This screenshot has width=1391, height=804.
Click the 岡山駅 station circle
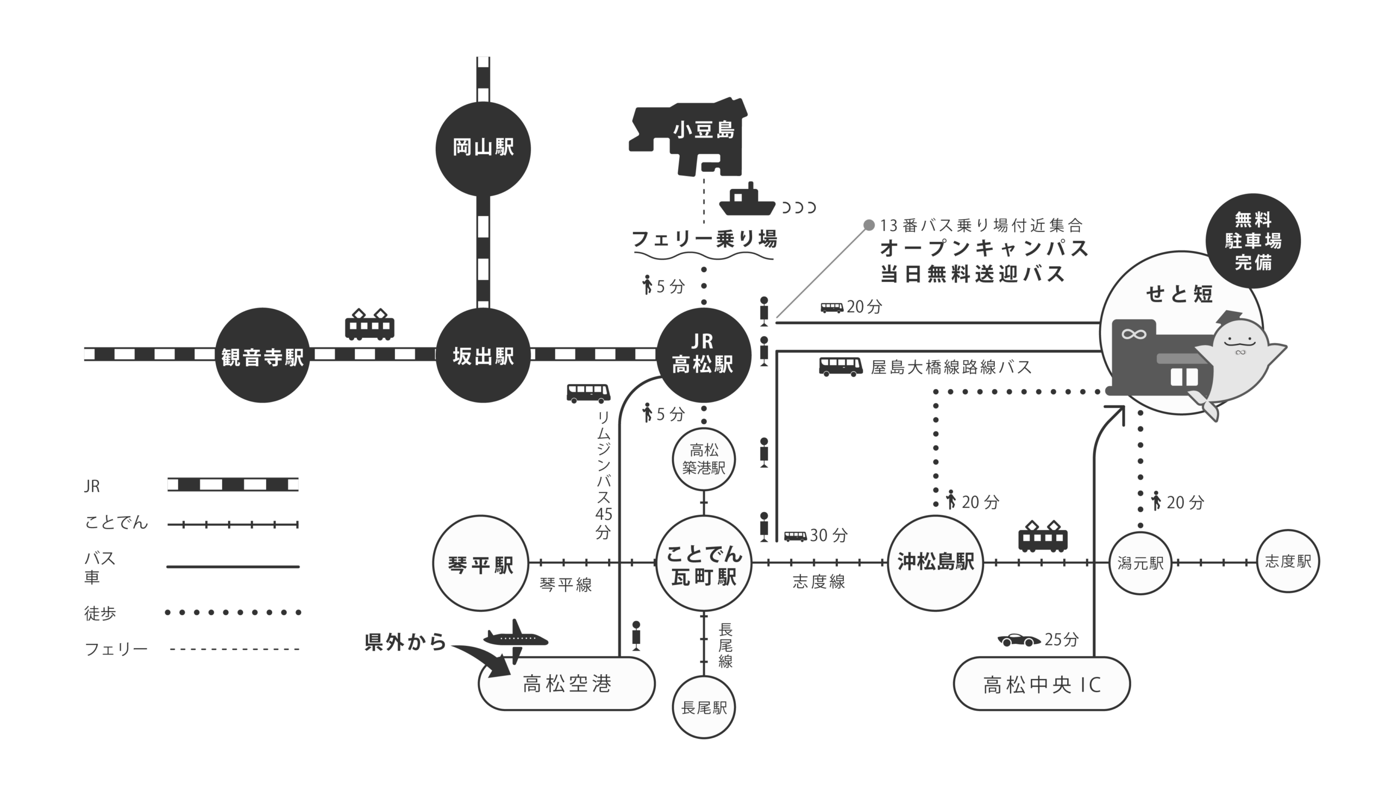pyautogui.click(x=483, y=148)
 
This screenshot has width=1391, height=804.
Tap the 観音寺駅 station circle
pyautogui.click(x=262, y=355)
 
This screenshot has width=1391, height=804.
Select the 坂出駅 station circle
pyautogui.click(x=483, y=355)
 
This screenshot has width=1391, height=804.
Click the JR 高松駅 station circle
pyautogui.click(x=703, y=355)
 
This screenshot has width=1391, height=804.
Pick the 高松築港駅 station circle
pyautogui.click(x=704, y=459)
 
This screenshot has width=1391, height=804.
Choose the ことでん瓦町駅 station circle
pyautogui.click(x=704, y=563)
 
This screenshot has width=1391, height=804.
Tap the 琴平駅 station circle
pyautogui.click(x=480, y=563)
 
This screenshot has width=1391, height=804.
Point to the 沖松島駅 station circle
pyautogui.click(x=935, y=563)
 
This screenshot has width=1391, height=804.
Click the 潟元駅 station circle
pyautogui.click(x=1141, y=563)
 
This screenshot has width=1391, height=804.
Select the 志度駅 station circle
pyautogui.click(x=1288, y=561)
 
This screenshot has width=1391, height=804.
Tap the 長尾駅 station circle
pyautogui.click(x=704, y=707)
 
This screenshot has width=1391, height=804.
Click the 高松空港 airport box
pyautogui.click(x=566, y=684)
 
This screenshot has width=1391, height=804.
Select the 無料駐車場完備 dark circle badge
pyautogui.click(x=1253, y=241)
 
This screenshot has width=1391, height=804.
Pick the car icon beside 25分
pyautogui.click(x=1018, y=640)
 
